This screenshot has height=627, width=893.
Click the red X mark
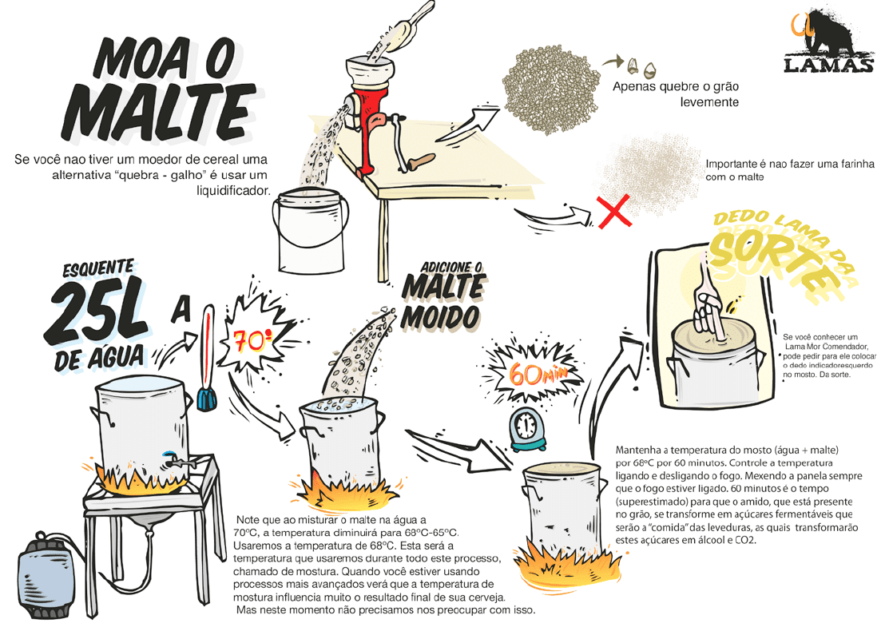[614, 211]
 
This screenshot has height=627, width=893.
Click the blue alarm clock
[527, 430]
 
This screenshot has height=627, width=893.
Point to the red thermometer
[207, 358]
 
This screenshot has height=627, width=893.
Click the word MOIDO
[439, 317]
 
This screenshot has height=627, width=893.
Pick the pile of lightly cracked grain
[550, 91]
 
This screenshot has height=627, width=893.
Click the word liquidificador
[232, 190]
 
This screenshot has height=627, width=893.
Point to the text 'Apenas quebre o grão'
[676, 86]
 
